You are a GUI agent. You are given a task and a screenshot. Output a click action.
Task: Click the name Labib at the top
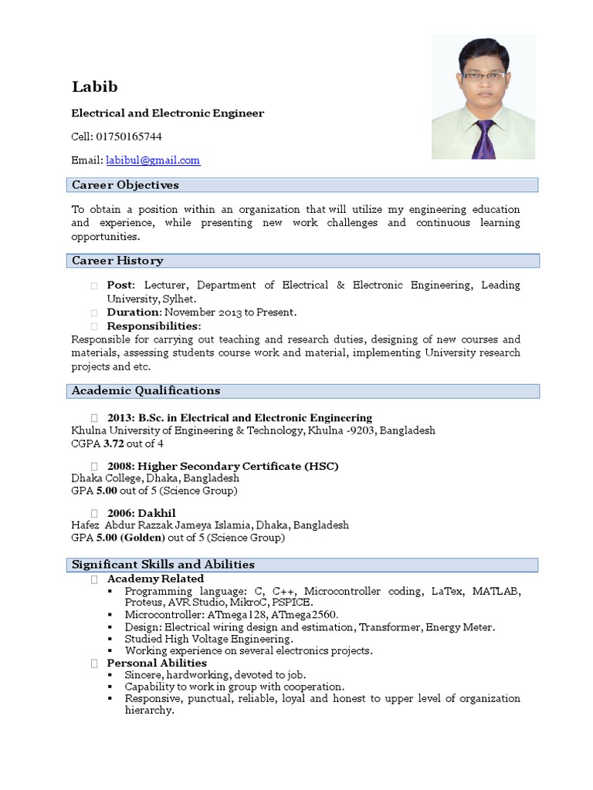click(94, 86)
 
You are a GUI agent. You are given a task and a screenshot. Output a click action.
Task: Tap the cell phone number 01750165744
click(129, 137)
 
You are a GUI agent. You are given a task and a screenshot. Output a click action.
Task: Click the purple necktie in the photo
click(484, 139)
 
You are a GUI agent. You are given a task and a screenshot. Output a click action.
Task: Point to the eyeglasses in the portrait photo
click(483, 76)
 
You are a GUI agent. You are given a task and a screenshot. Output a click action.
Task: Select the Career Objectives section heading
click(125, 185)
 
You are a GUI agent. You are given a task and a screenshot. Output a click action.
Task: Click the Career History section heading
click(117, 261)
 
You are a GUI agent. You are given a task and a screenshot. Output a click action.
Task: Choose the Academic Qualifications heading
click(146, 390)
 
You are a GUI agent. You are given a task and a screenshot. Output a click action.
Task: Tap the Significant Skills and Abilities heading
click(163, 565)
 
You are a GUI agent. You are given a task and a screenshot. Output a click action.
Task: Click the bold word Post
click(120, 285)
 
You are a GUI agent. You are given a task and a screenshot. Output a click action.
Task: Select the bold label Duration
click(134, 312)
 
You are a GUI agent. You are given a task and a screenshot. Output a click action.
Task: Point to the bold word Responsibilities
click(152, 326)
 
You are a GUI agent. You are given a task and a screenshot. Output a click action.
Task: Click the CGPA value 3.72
click(114, 444)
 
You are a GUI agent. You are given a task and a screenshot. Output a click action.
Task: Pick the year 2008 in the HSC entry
click(120, 466)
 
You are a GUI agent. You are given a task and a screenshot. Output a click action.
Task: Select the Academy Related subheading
click(155, 579)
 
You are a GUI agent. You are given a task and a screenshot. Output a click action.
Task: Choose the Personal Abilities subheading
click(157, 663)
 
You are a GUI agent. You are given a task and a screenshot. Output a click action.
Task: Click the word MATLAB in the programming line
click(496, 592)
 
